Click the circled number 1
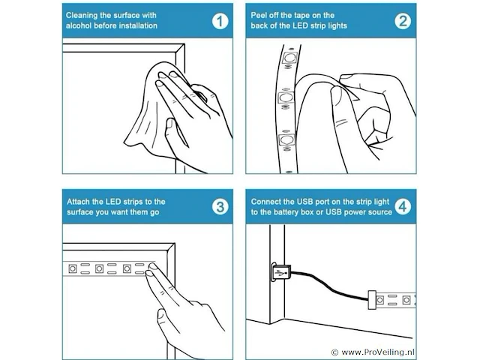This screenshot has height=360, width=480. click(220, 21)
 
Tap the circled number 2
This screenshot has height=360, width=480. click(403, 21)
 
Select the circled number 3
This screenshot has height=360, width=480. click(220, 207)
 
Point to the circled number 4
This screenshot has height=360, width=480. click(403, 207)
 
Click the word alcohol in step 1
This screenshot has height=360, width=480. click(79, 25)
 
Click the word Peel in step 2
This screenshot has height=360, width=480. click(258, 15)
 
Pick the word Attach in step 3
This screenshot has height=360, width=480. click(78, 202)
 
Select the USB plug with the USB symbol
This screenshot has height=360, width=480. click(280, 272)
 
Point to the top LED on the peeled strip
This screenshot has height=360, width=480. click(289, 57)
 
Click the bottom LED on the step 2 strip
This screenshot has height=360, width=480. click(286, 139)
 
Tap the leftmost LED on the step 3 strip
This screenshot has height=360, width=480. click(73, 268)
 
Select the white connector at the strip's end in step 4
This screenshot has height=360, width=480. click(372, 300)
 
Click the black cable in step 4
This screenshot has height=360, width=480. click(329, 285)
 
